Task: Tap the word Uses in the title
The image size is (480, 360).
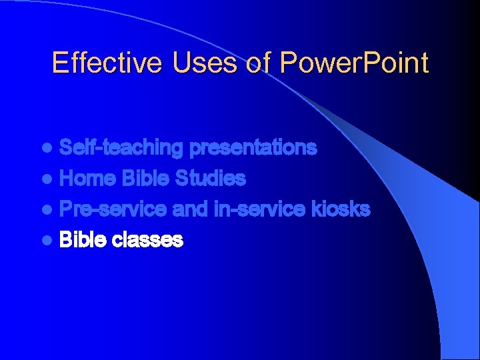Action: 193,63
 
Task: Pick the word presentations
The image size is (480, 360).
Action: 253,148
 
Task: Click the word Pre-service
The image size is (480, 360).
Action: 113,209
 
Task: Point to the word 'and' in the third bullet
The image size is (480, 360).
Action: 191,209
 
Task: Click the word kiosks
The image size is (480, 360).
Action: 342,209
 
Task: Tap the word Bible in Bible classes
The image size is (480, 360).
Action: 83,240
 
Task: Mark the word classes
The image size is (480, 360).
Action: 147,240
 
